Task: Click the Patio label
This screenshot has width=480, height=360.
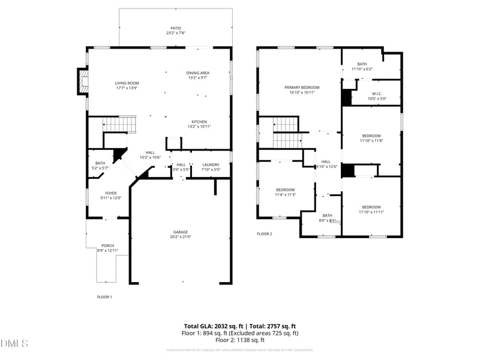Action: click(175, 28)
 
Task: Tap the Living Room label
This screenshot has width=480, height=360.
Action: click(127, 83)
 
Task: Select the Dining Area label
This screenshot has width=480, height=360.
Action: click(198, 73)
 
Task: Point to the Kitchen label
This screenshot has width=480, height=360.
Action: click(200, 121)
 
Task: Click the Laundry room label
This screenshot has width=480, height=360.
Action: click(211, 164)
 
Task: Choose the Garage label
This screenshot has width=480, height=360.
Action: click(181, 232)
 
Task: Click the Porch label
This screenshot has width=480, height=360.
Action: click(107, 245)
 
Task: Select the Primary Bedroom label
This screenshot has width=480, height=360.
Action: click(302, 87)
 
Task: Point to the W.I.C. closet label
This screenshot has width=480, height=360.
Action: click(377, 93)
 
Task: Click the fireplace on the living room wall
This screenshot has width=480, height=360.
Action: click(82, 82)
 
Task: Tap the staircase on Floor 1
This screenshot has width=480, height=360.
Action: click(120, 125)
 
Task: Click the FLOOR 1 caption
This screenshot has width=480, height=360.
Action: click(104, 297)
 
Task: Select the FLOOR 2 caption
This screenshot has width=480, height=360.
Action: click(265, 233)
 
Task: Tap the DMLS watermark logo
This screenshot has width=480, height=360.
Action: click(14, 344)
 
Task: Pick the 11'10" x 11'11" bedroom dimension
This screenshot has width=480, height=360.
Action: click(371, 212)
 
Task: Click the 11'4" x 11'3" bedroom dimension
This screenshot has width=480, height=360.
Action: click(285, 194)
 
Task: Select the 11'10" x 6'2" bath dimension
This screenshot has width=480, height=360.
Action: click(362, 69)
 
